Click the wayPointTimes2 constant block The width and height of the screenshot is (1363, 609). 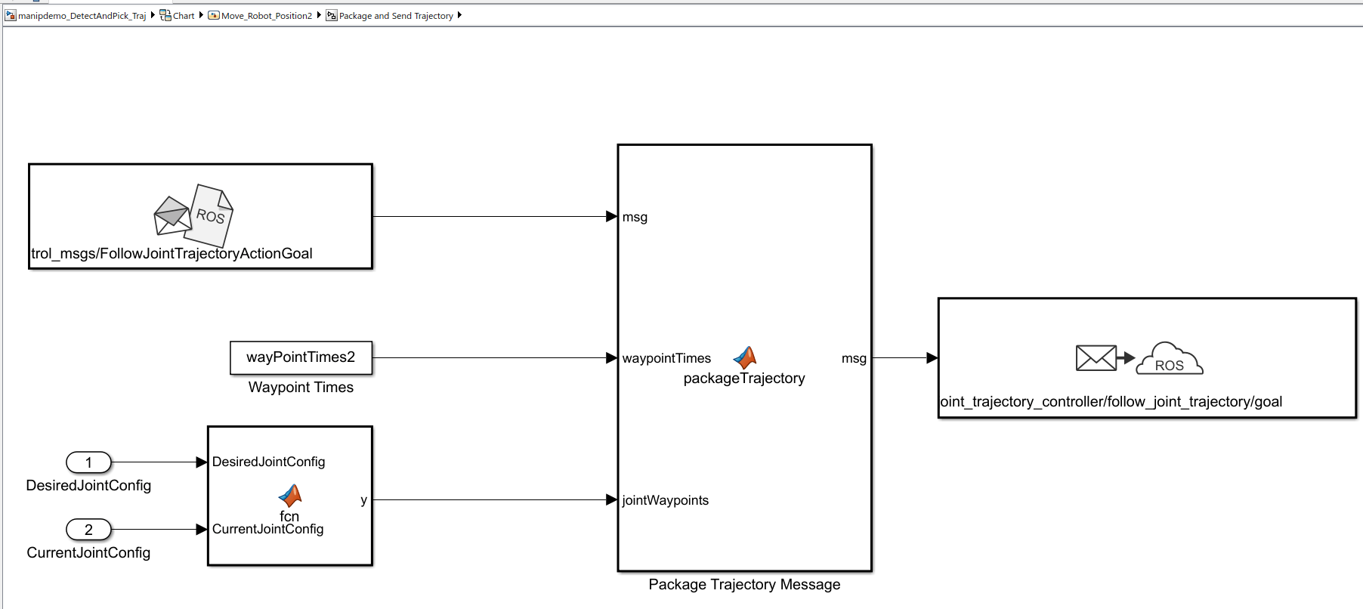[301, 357]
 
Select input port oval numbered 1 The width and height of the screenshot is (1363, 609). [88, 462]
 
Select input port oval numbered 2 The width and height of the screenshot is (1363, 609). [88, 530]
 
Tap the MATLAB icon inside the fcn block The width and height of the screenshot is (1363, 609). [290, 496]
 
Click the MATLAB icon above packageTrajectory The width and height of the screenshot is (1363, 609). [745, 357]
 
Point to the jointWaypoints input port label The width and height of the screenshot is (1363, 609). [665, 500]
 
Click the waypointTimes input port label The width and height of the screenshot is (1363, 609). [666, 358]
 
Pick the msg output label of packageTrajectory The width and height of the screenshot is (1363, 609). [854, 358]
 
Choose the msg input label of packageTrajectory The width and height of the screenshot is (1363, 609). [635, 218]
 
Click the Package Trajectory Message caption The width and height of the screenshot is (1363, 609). [744, 584]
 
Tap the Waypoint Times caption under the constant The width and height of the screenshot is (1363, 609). [301, 387]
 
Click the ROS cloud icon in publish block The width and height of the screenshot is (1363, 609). [1170, 359]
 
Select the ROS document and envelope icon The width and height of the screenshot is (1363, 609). [193, 215]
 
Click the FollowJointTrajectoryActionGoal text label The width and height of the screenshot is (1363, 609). [172, 253]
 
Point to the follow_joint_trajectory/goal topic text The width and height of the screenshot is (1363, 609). [1111, 401]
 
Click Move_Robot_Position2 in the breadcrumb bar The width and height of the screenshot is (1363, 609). [266, 16]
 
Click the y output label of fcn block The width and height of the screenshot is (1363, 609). [364, 500]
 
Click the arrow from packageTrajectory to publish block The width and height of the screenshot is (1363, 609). [905, 357]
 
